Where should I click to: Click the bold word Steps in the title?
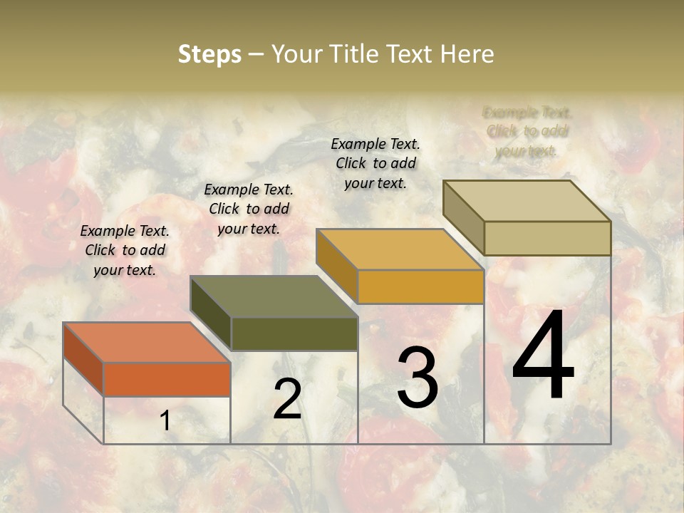coord(209,54)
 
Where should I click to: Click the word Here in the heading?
coord(467,54)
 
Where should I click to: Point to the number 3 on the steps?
coord(418,377)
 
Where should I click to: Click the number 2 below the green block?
coord(287,399)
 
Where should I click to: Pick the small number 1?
coord(165,421)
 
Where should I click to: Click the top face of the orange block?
coord(146,342)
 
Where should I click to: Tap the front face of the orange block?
coord(167,379)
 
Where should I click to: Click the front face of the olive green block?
coord(294,333)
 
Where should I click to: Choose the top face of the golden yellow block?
coord(400,249)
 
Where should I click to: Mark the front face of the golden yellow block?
coord(420,286)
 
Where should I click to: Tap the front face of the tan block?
coord(547,238)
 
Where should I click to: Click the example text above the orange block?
coord(125,250)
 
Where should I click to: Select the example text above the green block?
coord(249,209)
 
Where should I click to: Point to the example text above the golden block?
coord(375,163)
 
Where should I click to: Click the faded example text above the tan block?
coord(527,131)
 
